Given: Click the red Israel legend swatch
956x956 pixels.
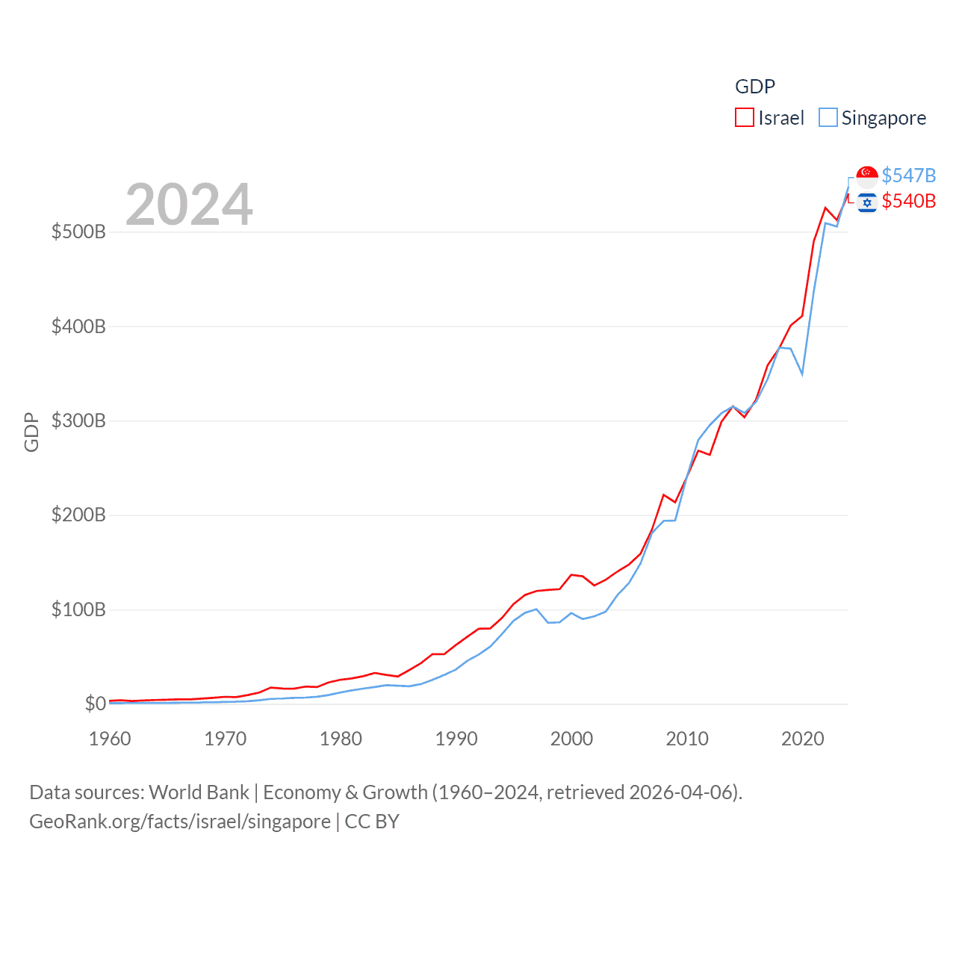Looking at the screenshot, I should coord(745,118).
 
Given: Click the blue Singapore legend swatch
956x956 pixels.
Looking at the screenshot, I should coord(828,118).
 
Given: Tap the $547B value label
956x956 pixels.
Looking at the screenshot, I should coord(908,176).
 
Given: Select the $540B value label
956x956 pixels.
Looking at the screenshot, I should coord(908,201).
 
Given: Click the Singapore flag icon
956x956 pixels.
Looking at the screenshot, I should coord(867,176).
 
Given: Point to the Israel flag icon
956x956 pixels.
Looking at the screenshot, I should coord(867,202).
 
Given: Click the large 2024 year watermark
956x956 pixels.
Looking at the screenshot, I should coord(189,205).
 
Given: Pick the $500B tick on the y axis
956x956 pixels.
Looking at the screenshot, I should coord(78,232).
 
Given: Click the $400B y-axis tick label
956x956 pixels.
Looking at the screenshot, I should coord(78,326).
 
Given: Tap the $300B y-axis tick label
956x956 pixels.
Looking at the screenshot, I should coord(78,420).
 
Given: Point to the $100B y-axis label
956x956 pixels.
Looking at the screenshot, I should coord(78,609).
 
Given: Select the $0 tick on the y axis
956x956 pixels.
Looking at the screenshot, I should coord(95,704).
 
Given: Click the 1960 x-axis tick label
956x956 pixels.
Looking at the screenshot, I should coord(110,739).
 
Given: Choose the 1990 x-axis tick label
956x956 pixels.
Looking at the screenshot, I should coord(456,739).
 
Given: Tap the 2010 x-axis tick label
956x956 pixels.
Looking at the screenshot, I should coord(687,739).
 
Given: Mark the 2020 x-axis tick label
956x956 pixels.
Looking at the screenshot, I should coord(803,739).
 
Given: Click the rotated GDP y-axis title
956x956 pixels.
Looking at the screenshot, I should coord(31,432).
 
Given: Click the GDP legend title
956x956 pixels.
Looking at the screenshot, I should coord(755,87).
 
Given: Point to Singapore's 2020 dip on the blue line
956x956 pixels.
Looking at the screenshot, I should coord(802,373).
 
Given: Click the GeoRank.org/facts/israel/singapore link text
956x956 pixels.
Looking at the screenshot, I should coord(180,822).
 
